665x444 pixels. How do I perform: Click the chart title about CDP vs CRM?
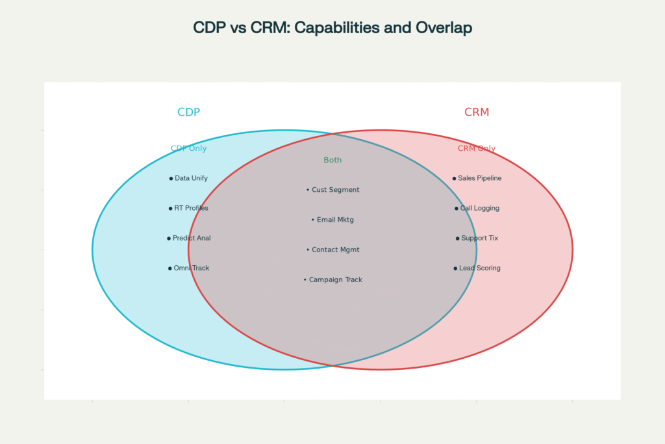(332, 28)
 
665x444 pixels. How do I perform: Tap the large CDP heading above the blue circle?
(188, 112)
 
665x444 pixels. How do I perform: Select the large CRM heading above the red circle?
(477, 112)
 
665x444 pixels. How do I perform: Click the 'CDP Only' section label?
(188, 148)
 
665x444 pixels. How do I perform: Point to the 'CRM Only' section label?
(477, 148)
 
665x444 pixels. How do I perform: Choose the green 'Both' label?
(332, 160)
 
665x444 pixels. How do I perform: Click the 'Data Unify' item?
(191, 178)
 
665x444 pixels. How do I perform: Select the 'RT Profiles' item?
(191, 208)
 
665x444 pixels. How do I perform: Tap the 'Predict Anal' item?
(192, 238)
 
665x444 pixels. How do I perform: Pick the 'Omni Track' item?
(191, 268)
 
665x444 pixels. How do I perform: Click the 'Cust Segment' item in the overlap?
(335, 190)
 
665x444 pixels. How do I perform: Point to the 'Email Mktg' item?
(335, 220)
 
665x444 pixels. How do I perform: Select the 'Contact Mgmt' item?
(335, 250)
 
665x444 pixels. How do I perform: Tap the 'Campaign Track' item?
(335, 280)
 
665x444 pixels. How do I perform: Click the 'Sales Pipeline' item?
(479, 178)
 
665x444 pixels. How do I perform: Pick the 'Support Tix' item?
(479, 238)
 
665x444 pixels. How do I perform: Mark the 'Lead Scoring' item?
(479, 268)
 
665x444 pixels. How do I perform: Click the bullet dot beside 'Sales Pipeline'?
(454, 178)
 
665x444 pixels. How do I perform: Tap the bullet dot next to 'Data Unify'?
(171, 178)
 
